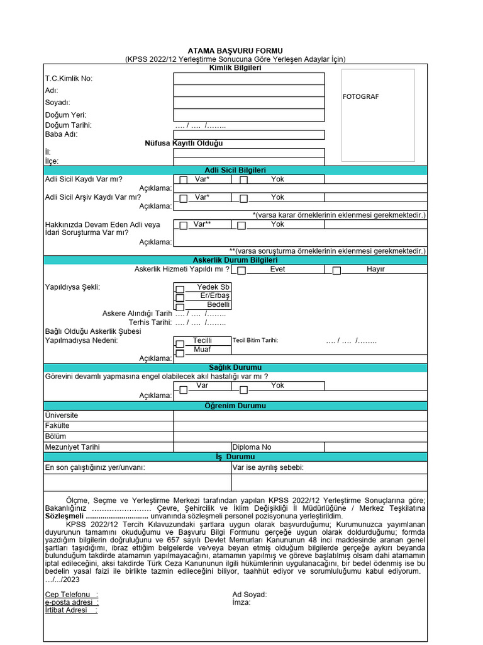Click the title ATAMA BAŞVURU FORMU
(235, 50)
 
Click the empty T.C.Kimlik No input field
(249, 79)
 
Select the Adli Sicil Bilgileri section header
(235, 170)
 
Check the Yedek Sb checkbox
(179, 289)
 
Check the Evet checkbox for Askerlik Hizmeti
(242, 271)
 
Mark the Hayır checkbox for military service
(336, 271)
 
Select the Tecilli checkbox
(179, 343)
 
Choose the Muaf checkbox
(179, 353)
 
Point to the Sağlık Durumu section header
(235, 367)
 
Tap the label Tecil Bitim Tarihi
(255, 340)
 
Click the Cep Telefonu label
(71, 595)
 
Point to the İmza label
(241, 602)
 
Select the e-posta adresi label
(71, 602)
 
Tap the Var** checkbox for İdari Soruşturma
(183, 225)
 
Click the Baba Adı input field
(249, 134)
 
